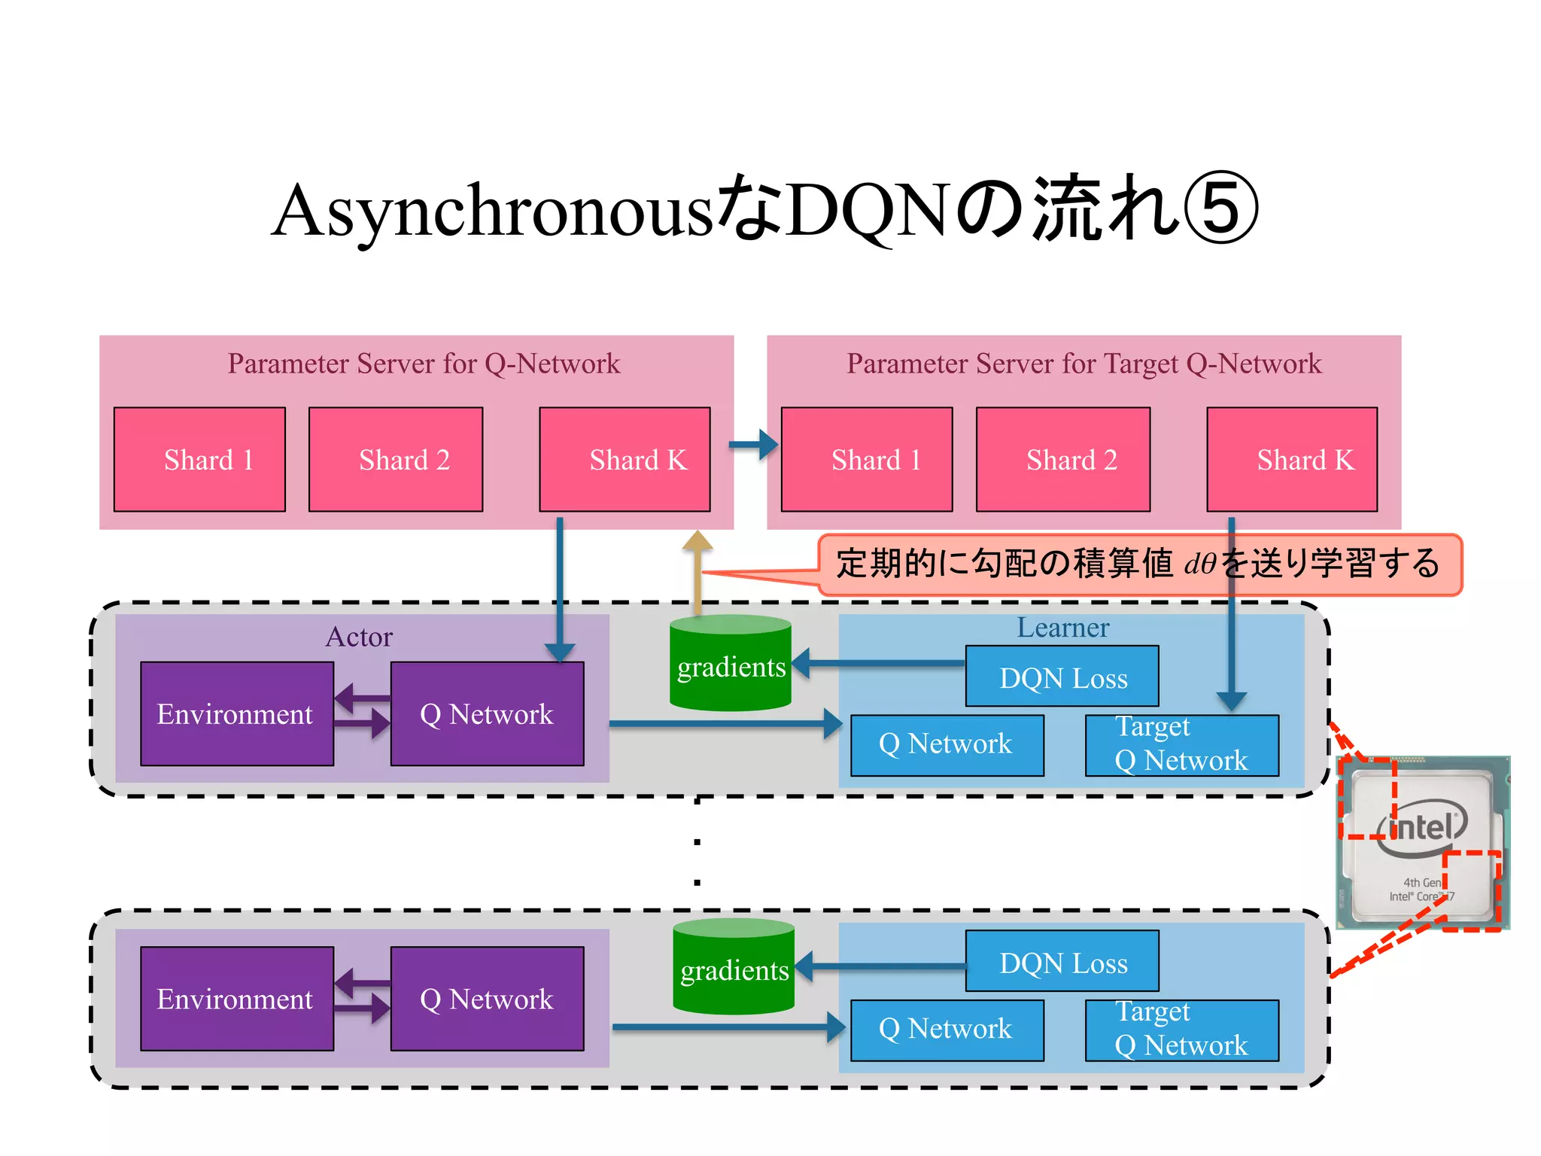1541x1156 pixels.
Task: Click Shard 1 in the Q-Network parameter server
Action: pyautogui.click(x=199, y=459)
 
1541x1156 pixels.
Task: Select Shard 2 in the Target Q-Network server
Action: pyautogui.click(x=1062, y=459)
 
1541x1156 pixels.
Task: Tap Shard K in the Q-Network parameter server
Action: pyautogui.click(x=625, y=459)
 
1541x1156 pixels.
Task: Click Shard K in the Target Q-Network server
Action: pyautogui.click(x=1292, y=459)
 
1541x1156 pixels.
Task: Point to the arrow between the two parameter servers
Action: pyautogui.click(x=754, y=445)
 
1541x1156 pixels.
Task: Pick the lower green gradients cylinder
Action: pyautogui.click(x=734, y=968)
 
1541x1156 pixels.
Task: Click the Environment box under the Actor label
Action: pyautogui.click(x=237, y=713)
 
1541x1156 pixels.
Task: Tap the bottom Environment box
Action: pyautogui.click(x=237, y=999)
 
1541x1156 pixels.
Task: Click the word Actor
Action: pyautogui.click(x=359, y=637)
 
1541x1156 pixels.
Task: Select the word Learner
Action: pyautogui.click(x=1062, y=628)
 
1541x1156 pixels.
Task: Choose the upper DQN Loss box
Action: pyautogui.click(x=1062, y=677)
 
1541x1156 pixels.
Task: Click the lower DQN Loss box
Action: pyautogui.click(x=1062, y=961)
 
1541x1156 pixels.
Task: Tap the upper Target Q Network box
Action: pyautogui.click(x=1181, y=745)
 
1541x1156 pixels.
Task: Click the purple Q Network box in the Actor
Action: pyautogui.click(x=487, y=713)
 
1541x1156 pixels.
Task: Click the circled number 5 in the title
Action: pyautogui.click(x=1220, y=209)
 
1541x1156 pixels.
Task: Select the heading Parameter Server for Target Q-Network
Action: pyautogui.click(x=1084, y=364)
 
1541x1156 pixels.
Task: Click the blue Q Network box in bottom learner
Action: pyautogui.click(x=947, y=1030)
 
